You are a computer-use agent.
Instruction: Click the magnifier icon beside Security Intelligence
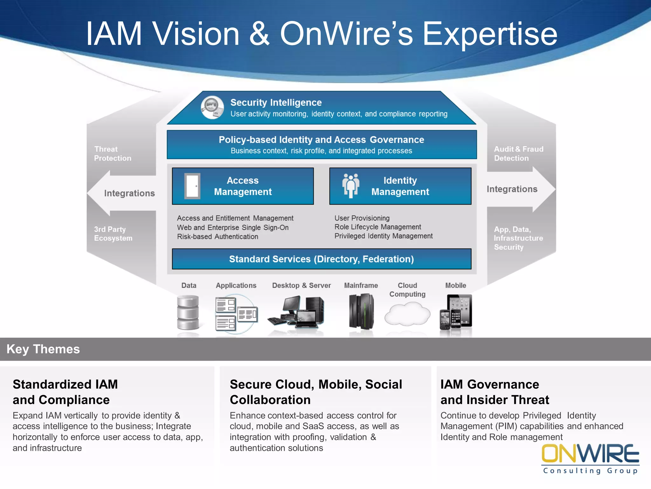[x=212, y=107]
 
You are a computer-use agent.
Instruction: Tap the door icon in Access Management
[x=192, y=186]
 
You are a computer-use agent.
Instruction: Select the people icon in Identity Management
[x=351, y=186]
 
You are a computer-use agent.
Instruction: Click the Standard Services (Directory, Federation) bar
[x=321, y=259]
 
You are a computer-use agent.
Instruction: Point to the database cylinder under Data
[x=188, y=312]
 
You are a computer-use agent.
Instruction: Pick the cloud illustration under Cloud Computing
[x=407, y=314]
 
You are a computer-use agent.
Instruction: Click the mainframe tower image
[x=361, y=312]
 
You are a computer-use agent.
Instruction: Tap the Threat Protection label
[x=113, y=154]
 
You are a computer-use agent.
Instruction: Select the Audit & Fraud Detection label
[x=518, y=154]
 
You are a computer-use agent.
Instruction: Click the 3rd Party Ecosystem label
[x=113, y=234]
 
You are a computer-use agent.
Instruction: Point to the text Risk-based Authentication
[x=217, y=237]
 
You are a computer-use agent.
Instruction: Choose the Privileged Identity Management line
[x=383, y=236]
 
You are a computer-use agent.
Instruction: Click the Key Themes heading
[x=43, y=349]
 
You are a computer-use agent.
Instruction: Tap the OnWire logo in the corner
[x=590, y=458]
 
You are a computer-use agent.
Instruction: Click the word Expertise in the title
[x=490, y=34]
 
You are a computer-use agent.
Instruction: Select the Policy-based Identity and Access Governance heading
[x=321, y=140]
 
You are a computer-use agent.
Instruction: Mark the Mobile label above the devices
[x=456, y=286]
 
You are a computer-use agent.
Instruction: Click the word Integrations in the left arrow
[x=129, y=193]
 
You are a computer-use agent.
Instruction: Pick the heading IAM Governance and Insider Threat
[x=495, y=392]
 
